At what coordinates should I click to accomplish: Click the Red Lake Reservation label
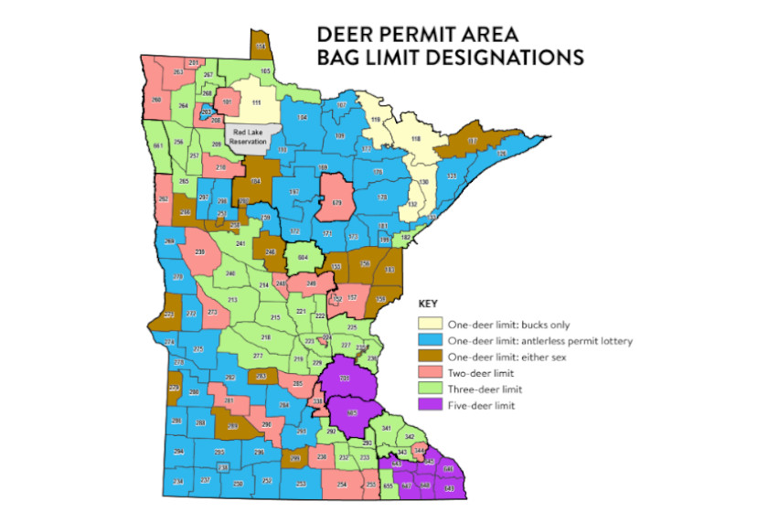pyautogui.click(x=248, y=135)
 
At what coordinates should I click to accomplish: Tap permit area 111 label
pyautogui.click(x=257, y=102)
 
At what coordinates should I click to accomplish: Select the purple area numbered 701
pyautogui.click(x=345, y=378)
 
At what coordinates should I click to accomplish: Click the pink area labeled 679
pyautogui.click(x=336, y=202)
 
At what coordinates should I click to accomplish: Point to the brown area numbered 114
pyautogui.click(x=261, y=45)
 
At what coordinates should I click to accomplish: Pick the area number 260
pyautogui.click(x=156, y=100)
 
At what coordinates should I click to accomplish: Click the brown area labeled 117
pyautogui.click(x=472, y=140)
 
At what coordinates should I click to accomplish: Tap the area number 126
pyautogui.click(x=500, y=153)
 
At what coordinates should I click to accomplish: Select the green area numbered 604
pyautogui.click(x=304, y=259)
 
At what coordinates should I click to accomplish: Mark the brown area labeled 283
pyautogui.click(x=261, y=376)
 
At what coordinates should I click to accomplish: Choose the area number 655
pyautogui.click(x=389, y=485)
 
